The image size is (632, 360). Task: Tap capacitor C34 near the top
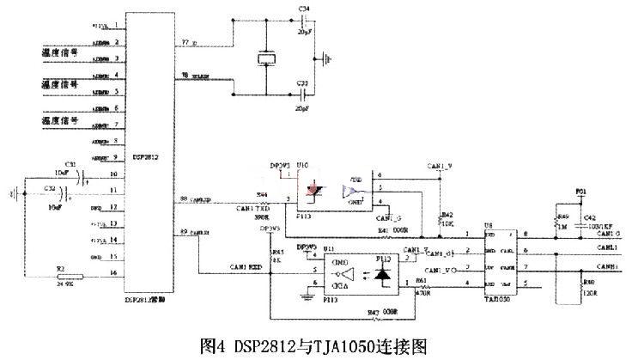[302, 21]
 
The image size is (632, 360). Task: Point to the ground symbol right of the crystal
[326, 60]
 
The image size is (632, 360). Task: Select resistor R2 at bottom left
[63, 277]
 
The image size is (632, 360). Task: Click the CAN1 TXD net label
[249, 207]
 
